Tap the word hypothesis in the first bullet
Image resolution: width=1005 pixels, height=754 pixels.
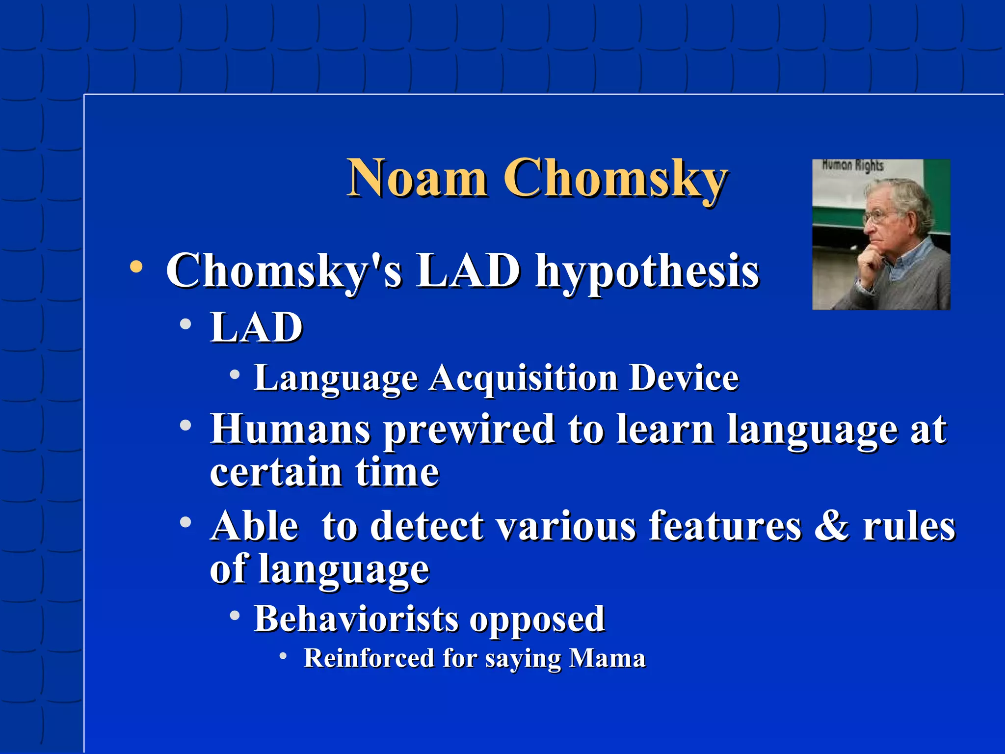point(647,272)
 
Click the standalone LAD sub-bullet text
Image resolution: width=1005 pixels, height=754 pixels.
point(256,327)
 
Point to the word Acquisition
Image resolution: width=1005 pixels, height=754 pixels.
point(523,378)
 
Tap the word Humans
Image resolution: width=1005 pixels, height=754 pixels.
point(290,429)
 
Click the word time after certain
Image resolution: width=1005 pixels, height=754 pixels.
point(397,472)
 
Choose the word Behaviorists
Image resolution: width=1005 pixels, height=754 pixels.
point(356,619)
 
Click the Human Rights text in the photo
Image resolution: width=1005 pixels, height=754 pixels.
point(852,165)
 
